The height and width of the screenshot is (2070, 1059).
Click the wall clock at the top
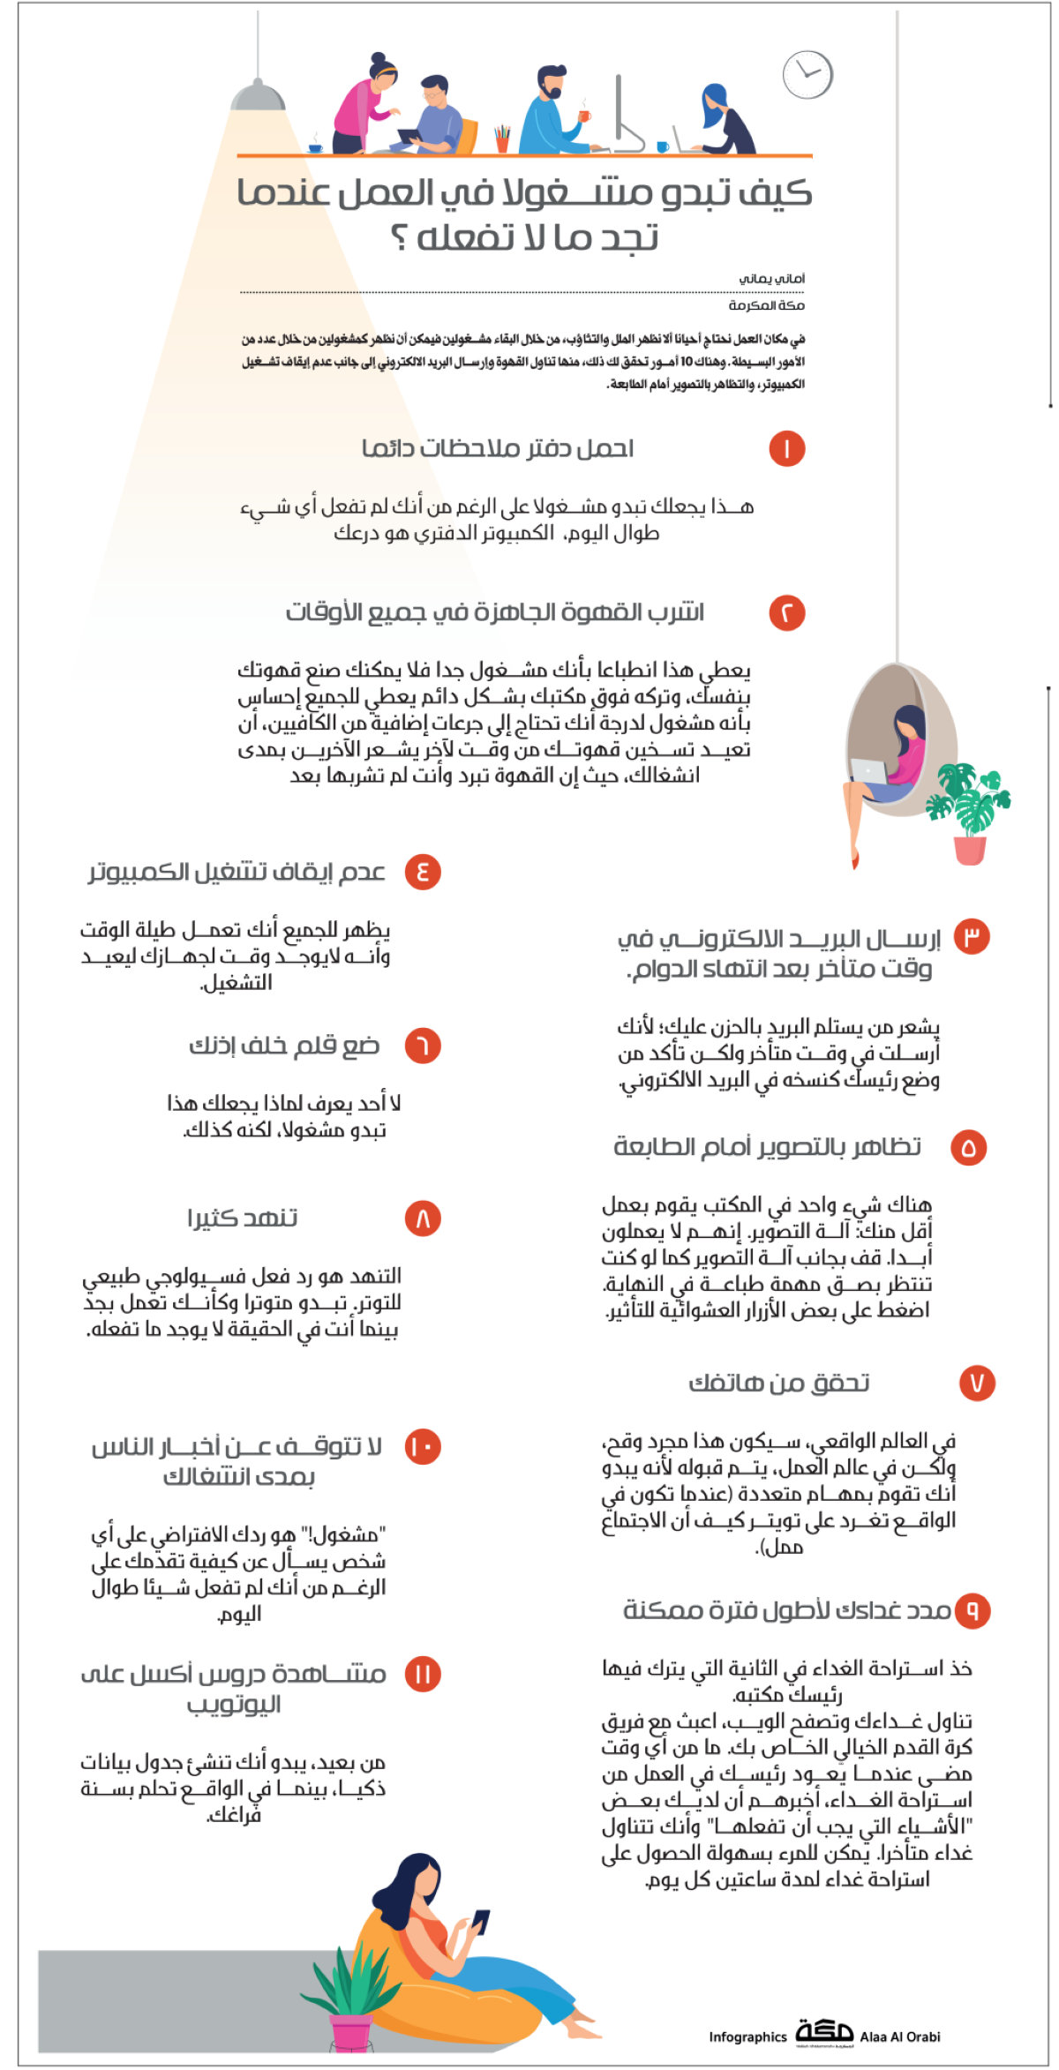807,75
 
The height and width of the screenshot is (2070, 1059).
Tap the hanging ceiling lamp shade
258,95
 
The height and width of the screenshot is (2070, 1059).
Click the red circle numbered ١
786,449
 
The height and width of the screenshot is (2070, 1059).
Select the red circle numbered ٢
786,613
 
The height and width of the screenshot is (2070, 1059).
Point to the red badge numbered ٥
968,1148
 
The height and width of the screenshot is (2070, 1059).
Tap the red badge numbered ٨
423,1219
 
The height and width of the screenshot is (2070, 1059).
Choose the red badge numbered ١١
423,1674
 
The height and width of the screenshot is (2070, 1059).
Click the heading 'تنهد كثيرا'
243,1219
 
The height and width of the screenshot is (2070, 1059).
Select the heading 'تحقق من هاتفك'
779,1383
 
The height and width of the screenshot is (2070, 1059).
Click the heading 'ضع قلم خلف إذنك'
284,1046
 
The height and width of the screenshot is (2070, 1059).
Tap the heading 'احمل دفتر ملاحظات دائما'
498,449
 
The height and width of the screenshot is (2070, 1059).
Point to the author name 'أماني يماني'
772,279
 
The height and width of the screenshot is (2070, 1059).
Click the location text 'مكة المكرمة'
766,305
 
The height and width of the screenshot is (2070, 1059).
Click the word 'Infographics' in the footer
747,2037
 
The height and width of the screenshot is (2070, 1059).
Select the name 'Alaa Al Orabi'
900,2037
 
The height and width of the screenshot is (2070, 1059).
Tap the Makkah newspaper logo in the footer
824,2032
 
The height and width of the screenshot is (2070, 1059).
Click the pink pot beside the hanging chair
970,850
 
